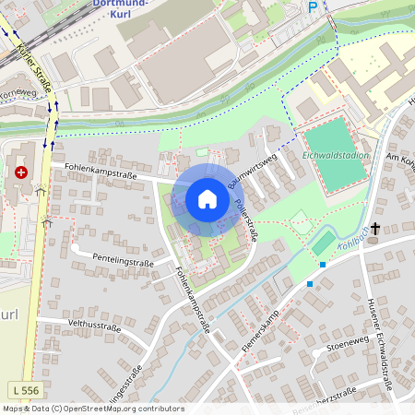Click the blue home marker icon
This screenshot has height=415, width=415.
point(207,199)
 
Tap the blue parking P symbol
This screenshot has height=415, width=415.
point(313,6)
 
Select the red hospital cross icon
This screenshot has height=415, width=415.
point(20,172)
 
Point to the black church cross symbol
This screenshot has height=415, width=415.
point(375,227)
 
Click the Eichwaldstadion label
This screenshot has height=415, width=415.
point(336,155)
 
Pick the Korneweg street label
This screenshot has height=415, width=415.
point(18,93)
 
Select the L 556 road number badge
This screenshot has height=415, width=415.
point(27,390)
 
